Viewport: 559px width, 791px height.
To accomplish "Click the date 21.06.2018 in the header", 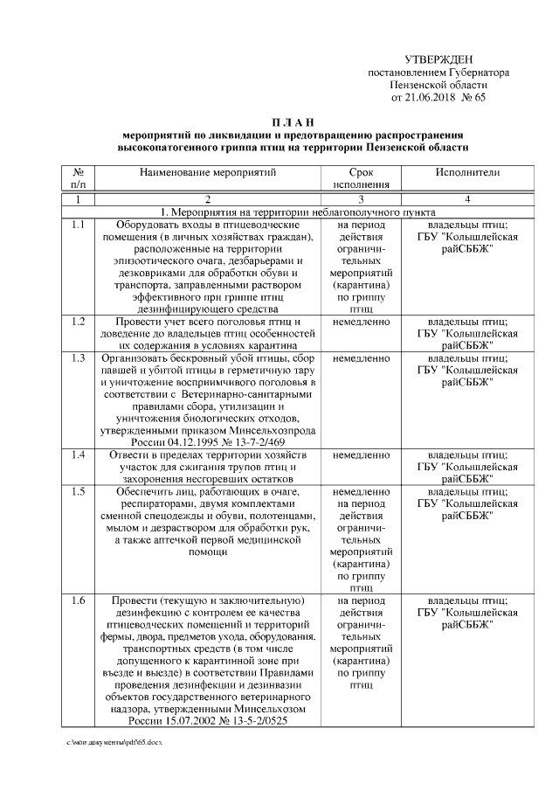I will coord(431,98).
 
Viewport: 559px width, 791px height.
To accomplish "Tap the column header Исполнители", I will coord(467,173).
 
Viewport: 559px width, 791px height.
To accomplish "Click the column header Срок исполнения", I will coord(361,178).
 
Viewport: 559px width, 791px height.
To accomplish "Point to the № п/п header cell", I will coord(79,178).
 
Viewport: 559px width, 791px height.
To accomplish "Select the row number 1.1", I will coord(79,225).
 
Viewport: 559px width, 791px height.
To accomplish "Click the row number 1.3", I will coord(79,358).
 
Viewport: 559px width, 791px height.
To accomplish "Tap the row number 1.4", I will coord(79,455).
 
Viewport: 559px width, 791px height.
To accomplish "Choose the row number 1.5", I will coord(79,492).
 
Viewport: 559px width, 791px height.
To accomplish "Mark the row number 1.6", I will coord(79,601).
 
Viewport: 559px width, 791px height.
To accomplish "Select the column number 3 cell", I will coord(361,200).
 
